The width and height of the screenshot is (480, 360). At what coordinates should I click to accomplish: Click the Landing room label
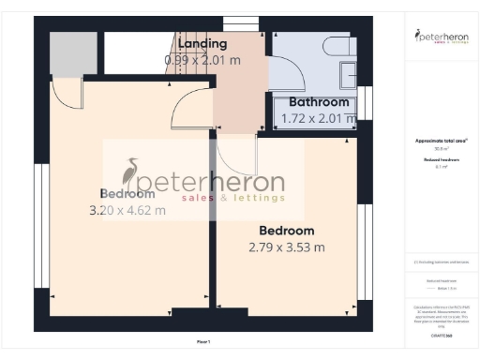(x=202, y=43)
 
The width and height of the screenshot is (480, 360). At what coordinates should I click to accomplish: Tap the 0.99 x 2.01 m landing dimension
(x=203, y=59)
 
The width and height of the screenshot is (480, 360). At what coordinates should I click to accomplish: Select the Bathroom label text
(x=319, y=102)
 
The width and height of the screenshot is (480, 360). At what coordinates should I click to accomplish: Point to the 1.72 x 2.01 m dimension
(x=319, y=118)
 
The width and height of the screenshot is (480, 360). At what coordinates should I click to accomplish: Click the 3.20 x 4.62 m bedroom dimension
(x=127, y=211)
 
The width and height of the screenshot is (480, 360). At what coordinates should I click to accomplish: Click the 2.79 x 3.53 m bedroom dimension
(x=287, y=247)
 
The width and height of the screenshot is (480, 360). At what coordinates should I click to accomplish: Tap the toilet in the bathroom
(x=335, y=45)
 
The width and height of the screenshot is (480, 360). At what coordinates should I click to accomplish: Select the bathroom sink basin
(x=349, y=72)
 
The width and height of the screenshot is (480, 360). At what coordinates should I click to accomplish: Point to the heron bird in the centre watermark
(x=131, y=174)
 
